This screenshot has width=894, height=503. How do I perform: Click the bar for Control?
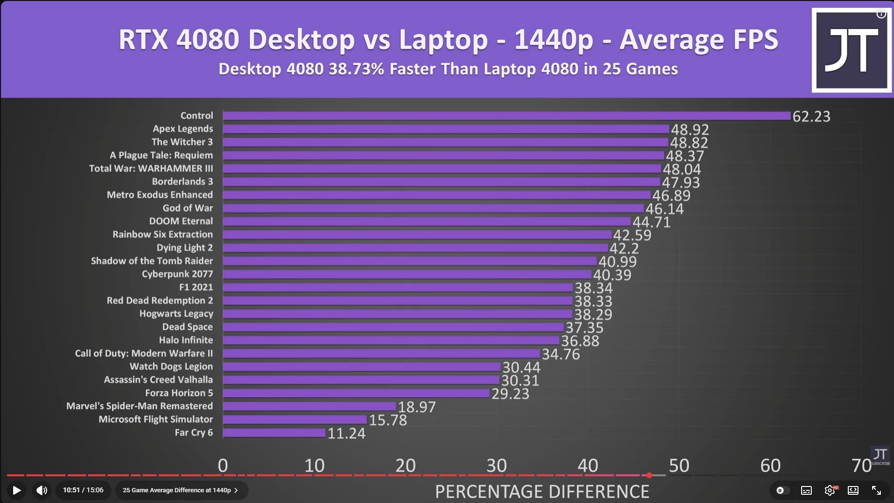pyautogui.click(x=506, y=116)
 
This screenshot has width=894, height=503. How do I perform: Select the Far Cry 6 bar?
pyautogui.click(x=274, y=433)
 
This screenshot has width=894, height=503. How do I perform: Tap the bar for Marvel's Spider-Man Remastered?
pyautogui.click(x=309, y=406)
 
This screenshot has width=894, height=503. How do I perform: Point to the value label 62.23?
pyautogui.click(x=811, y=117)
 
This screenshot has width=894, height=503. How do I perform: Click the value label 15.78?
pyautogui.click(x=388, y=420)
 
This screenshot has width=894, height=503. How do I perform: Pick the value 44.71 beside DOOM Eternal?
pyautogui.click(x=651, y=222)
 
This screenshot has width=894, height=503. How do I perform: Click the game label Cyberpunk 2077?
pyautogui.click(x=177, y=274)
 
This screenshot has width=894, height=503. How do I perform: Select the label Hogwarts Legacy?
pyautogui.click(x=176, y=314)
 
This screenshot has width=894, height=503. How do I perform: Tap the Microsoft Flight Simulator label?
pyautogui.click(x=156, y=419)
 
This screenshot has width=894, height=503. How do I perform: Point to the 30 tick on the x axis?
pyautogui.click(x=497, y=466)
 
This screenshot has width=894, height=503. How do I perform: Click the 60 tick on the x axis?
pyautogui.click(x=770, y=466)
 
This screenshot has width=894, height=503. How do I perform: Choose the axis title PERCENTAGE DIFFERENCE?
pyautogui.click(x=542, y=491)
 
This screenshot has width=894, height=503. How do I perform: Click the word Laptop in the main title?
pyautogui.click(x=443, y=40)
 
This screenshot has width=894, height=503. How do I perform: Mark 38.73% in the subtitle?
pyautogui.click(x=357, y=69)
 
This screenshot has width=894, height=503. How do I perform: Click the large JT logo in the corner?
pyautogui.click(x=851, y=50)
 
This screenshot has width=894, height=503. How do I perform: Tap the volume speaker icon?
pyautogui.click(x=42, y=490)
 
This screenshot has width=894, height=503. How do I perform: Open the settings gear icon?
pyautogui.click(x=830, y=490)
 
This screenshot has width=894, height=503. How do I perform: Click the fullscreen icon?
pyautogui.click(x=876, y=490)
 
